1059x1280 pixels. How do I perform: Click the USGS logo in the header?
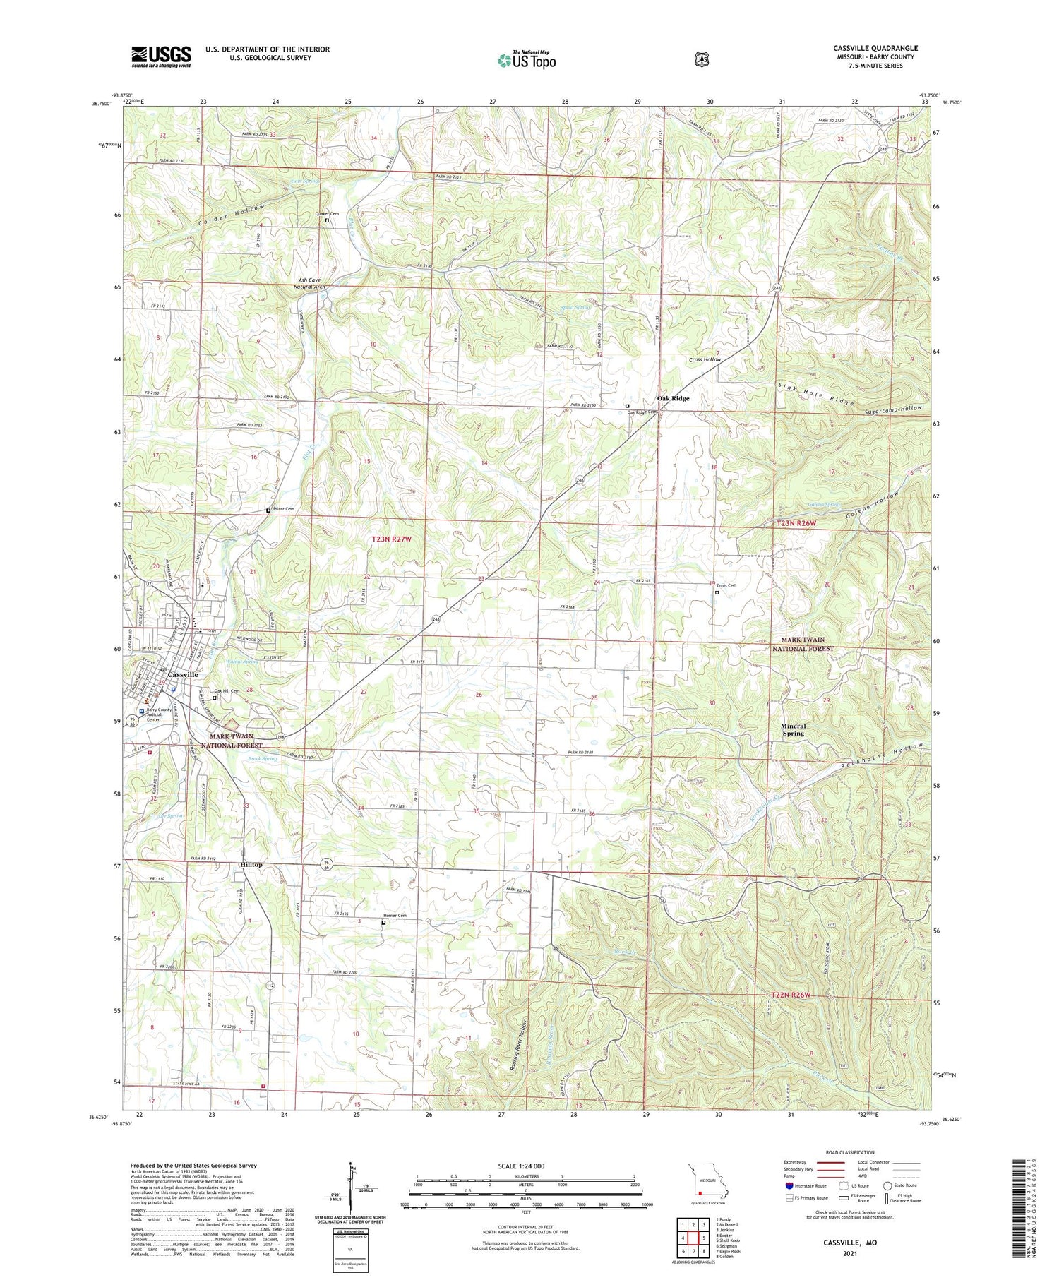point(161,56)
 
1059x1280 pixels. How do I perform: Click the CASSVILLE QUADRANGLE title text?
point(875,49)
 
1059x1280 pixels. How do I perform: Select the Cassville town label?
point(182,675)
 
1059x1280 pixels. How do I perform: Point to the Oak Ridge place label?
point(673,398)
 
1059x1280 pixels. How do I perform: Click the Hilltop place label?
point(251,865)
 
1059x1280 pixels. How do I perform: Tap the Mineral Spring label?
point(793,729)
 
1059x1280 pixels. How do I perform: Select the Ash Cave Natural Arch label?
point(310,284)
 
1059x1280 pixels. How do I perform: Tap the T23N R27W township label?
point(391,539)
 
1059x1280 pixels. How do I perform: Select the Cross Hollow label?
point(705,360)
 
